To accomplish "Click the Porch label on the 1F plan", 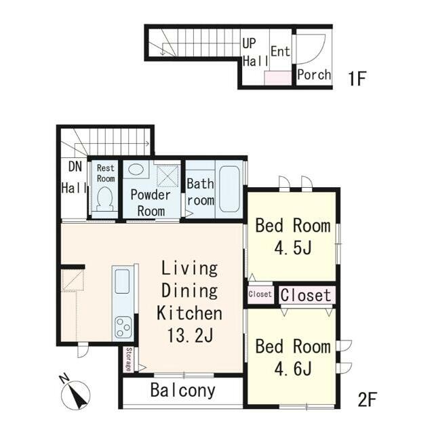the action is [x=314, y=75].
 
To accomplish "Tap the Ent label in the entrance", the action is [x=280, y=52].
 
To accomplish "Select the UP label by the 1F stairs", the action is [x=249, y=43].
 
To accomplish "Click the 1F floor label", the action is [x=357, y=79].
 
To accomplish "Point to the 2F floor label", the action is [x=368, y=399].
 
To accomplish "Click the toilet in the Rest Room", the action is [x=105, y=198].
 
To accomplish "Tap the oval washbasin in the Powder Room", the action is [x=136, y=169].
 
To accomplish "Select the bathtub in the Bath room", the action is [x=229, y=189].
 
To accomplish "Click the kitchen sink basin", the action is [x=122, y=281].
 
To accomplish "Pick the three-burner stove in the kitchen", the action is [x=123, y=328].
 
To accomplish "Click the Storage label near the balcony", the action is [x=128, y=359].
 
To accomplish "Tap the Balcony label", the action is [x=183, y=391].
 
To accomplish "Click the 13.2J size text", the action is [x=190, y=336].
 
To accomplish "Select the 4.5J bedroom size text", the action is [x=293, y=248].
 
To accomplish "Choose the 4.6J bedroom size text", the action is [x=293, y=368].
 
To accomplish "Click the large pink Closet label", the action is [x=306, y=295].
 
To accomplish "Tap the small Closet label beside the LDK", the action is [x=260, y=294].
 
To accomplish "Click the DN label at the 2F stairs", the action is [x=75, y=167].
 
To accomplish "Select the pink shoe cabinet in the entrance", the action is [x=278, y=78].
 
